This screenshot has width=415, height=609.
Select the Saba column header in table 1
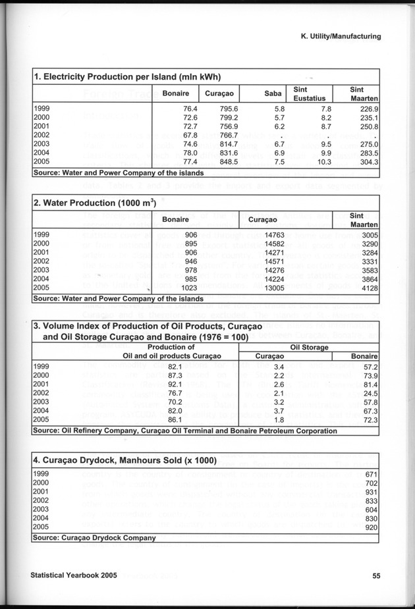point(273,93)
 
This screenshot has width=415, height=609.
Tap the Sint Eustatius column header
point(309,93)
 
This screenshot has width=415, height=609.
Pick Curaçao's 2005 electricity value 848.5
point(227,163)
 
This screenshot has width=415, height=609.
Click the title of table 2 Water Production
point(95,203)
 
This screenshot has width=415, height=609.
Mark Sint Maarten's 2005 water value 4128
point(368,288)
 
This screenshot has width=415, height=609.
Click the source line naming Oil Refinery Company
point(185,431)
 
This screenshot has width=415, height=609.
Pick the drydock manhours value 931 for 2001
point(370,492)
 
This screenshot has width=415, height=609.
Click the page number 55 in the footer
point(376,575)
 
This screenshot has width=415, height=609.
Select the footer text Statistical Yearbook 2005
point(74,575)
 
